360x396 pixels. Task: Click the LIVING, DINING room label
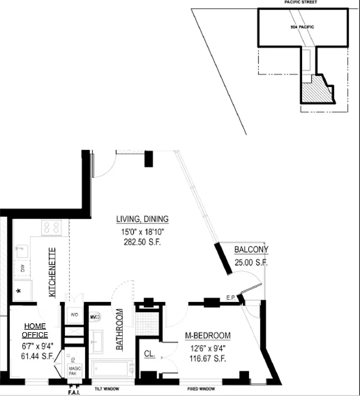point(143,219)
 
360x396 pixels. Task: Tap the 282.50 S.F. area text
point(143,243)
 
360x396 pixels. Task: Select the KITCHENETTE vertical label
point(51,272)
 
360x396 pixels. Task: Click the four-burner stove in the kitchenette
point(51,228)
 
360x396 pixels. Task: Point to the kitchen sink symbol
point(21,251)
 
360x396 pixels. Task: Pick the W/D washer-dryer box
point(75,315)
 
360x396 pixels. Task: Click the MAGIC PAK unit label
point(75,371)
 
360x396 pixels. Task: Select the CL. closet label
point(150,354)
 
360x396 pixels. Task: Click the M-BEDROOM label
point(207,336)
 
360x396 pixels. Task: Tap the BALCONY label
point(251,250)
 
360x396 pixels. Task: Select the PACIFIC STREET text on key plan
point(301,2)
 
